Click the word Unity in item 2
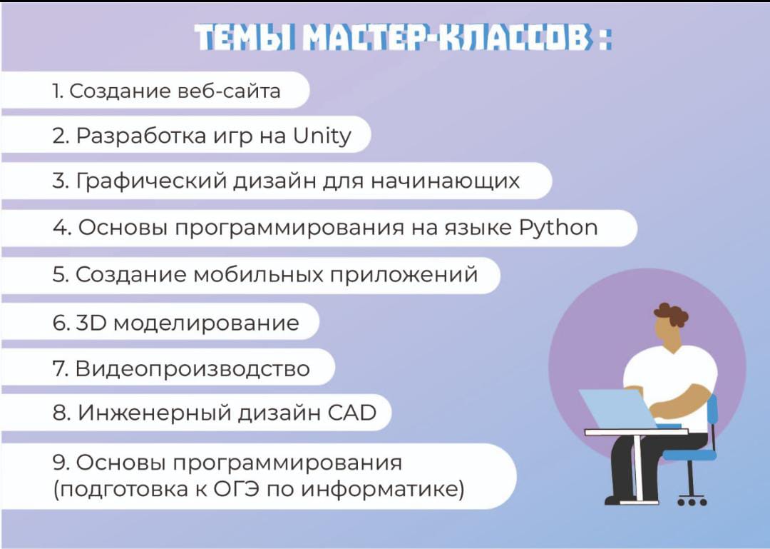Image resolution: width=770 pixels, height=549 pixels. (x=322, y=136)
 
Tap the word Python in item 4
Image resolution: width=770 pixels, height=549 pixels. (x=558, y=228)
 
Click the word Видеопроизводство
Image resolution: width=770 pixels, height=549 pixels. (x=192, y=368)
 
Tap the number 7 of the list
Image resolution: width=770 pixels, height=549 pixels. (x=59, y=368)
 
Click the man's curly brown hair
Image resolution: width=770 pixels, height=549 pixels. (x=671, y=313)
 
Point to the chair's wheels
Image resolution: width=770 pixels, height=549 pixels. (x=692, y=503)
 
